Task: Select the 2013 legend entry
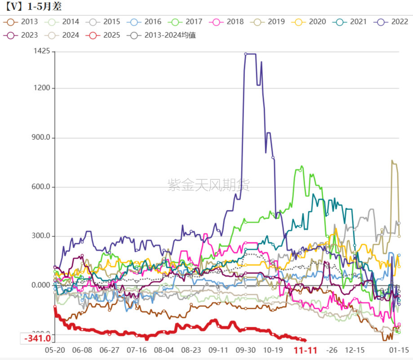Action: point(23,22)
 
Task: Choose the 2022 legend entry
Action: point(392,22)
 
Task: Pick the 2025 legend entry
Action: point(104,35)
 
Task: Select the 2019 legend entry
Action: point(269,22)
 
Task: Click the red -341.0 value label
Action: point(37,338)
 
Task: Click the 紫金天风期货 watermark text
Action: point(209,185)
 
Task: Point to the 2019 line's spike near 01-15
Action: point(392,161)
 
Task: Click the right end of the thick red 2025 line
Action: point(306,340)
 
